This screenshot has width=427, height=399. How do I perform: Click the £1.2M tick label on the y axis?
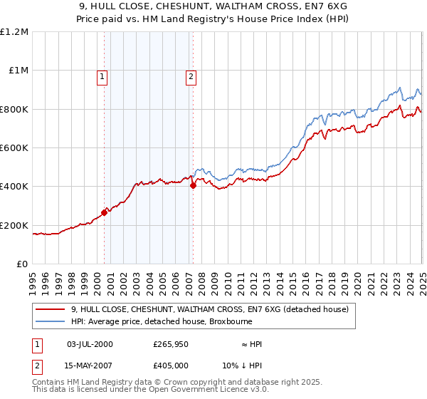(14, 31)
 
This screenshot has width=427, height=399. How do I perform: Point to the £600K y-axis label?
(14, 147)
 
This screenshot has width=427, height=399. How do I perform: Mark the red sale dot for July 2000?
(104, 212)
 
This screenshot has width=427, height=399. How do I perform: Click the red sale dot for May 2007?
(193, 185)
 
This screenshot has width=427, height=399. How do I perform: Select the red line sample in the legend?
(51, 309)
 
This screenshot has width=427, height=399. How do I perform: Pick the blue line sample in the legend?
(51, 321)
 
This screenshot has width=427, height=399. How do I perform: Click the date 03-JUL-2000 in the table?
(89, 344)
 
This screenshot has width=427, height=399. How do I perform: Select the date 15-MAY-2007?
(90, 366)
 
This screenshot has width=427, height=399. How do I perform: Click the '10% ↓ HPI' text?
(243, 366)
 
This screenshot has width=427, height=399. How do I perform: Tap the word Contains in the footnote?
(51, 383)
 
